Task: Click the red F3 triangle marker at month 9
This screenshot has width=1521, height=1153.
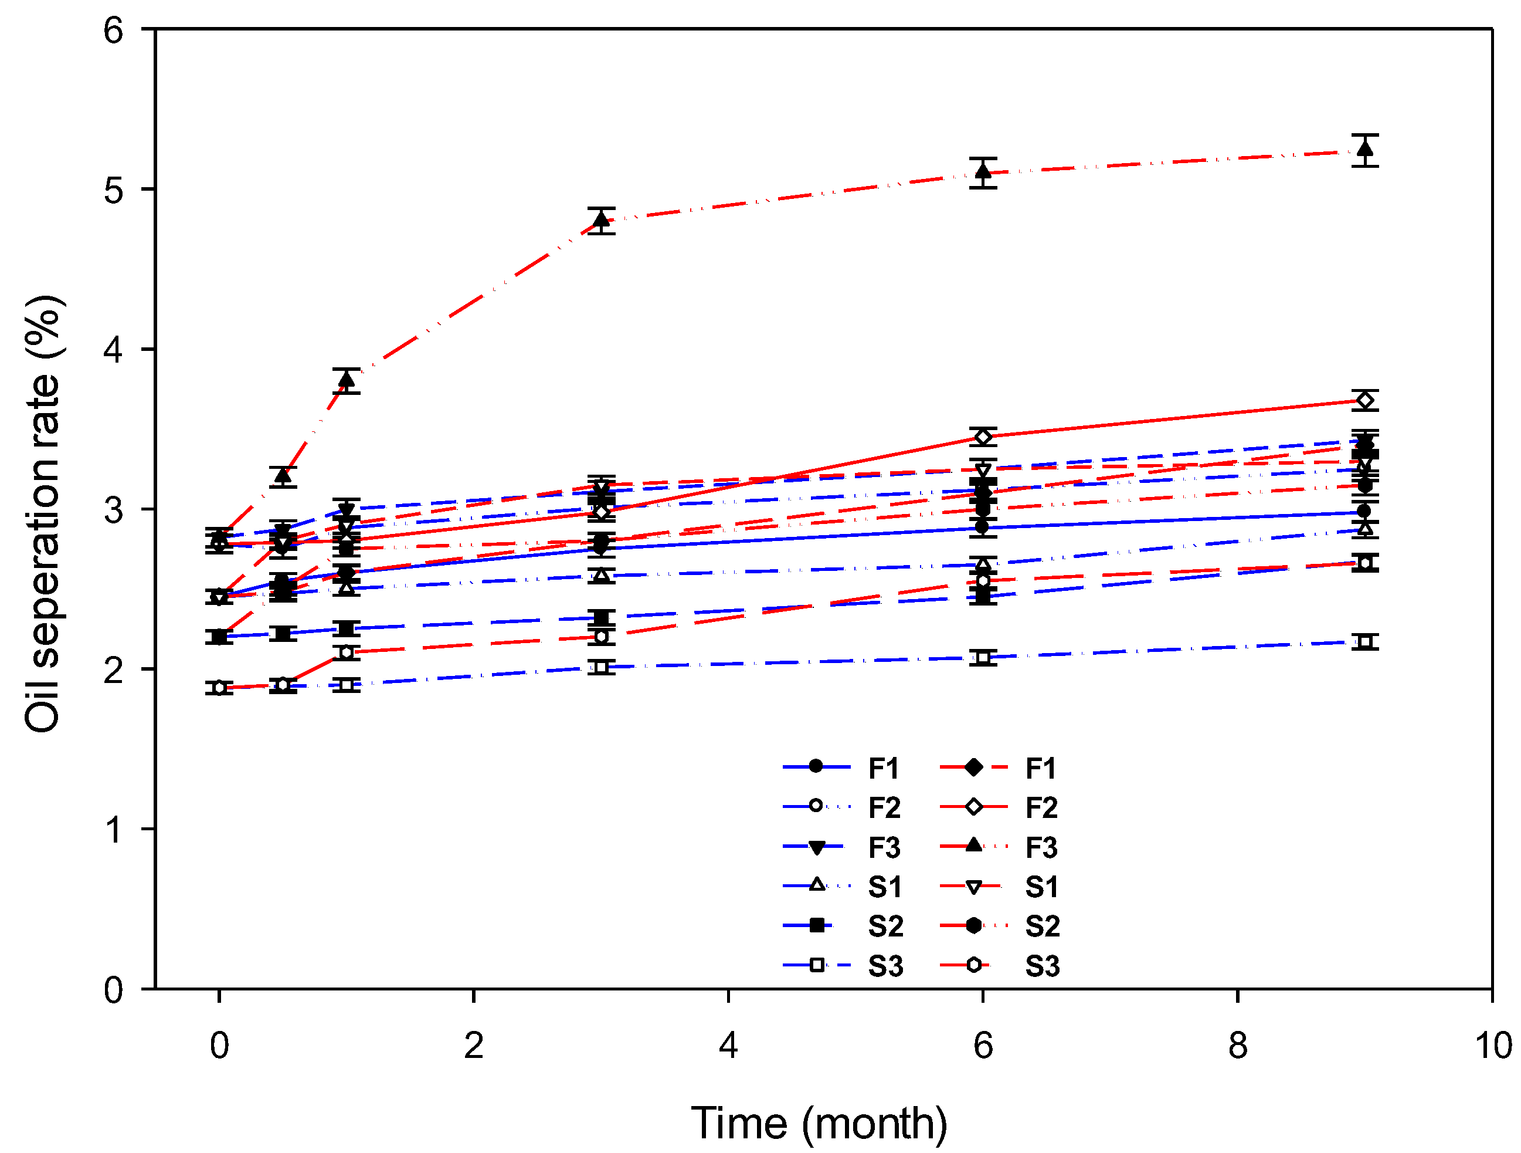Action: click(1365, 148)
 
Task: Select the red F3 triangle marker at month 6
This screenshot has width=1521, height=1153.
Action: click(983, 171)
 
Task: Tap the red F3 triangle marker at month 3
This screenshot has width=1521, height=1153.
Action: click(602, 220)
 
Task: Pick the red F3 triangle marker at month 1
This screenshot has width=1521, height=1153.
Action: click(347, 379)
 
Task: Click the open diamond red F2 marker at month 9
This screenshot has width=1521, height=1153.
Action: click(1365, 400)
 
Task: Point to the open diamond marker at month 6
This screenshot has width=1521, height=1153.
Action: click(983, 437)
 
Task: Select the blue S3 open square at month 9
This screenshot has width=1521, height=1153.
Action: click(1365, 642)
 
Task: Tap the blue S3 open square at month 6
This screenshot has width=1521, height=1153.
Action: click(983, 658)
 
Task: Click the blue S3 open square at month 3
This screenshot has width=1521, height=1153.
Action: click(602, 667)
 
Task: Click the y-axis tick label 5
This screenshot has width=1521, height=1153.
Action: click(113, 190)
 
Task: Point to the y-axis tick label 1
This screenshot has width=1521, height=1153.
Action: click(113, 830)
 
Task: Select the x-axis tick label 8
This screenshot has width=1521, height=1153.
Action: click(1238, 1046)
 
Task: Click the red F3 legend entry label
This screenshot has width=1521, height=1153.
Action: click(1041, 847)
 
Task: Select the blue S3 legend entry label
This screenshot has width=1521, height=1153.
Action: click(885, 966)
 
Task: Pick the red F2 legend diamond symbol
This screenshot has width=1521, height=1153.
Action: click(974, 807)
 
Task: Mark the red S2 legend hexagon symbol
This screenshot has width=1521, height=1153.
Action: click(974, 926)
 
